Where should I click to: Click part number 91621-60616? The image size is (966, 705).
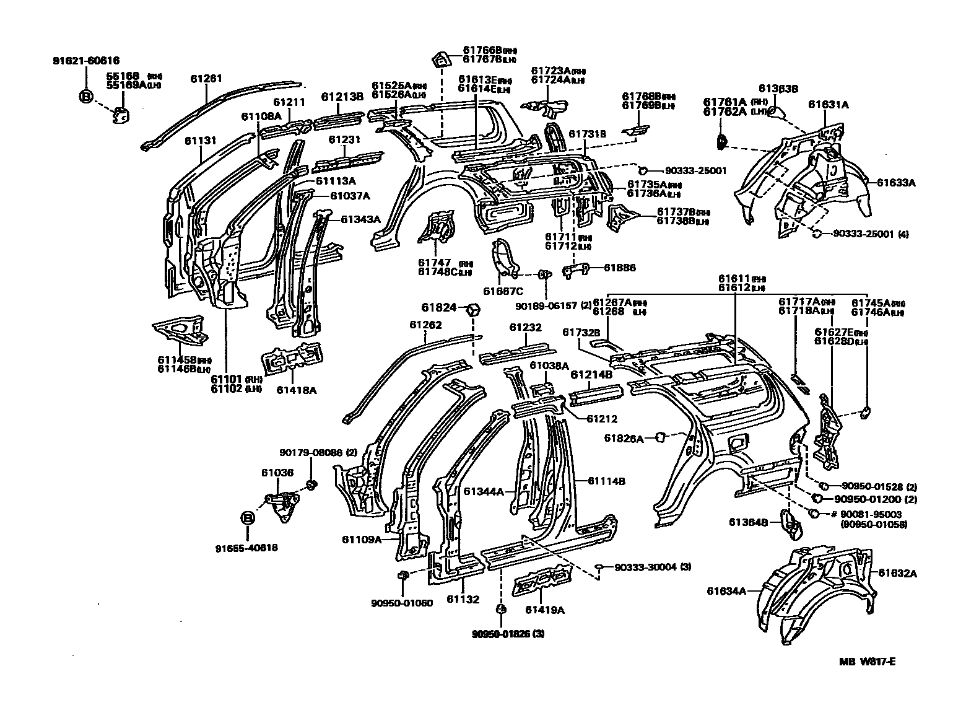coord(85,61)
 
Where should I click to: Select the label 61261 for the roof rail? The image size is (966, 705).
coord(206,79)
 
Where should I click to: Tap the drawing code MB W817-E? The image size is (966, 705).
coord(867,660)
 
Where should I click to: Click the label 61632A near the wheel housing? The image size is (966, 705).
coord(897,573)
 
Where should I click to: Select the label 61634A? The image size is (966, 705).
coord(726,590)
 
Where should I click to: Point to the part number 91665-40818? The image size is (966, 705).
coord(246,548)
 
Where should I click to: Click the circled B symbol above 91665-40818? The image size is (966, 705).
coord(246,518)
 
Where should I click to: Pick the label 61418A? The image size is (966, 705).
coord(297,390)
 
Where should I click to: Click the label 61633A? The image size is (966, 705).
coord(896,183)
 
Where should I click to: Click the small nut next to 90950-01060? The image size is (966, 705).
coord(402,576)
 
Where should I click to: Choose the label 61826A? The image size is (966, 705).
coord(624,439)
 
